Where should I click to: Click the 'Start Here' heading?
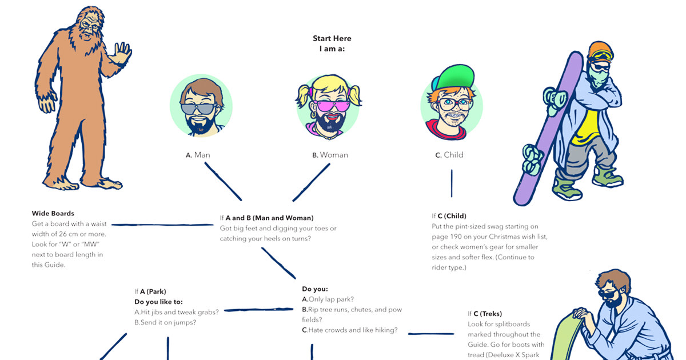pyautogui.click(x=332, y=38)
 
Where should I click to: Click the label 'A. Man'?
pyautogui.click(x=198, y=155)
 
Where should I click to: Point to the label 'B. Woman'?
pyautogui.click(x=330, y=155)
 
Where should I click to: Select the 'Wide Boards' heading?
pyautogui.click(x=53, y=214)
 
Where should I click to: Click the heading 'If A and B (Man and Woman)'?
pyautogui.click(x=266, y=218)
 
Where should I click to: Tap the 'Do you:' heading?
pyautogui.click(x=315, y=289)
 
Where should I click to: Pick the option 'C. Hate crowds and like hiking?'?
pyautogui.click(x=349, y=330)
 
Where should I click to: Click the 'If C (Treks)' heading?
pyautogui.click(x=485, y=314)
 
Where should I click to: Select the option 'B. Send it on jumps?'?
pyautogui.click(x=165, y=322)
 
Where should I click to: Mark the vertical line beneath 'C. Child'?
pyautogui.click(x=452, y=183)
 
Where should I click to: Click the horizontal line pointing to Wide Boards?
pyautogui.click(x=162, y=225)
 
